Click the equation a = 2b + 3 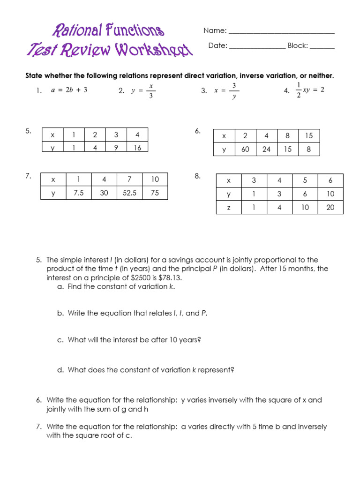click(x=68, y=90)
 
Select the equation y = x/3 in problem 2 click(x=143, y=91)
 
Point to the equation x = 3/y click(x=227, y=91)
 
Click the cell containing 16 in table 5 click(x=137, y=147)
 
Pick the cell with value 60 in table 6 click(x=245, y=150)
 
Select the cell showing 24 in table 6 click(x=266, y=150)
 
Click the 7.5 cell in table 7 click(x=79, y=193)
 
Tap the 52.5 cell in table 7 click(x=129, y=193)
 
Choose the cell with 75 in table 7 click(x=155, y=193)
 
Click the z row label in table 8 click(x=229, y=207)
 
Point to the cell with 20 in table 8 click(x=330, y=207)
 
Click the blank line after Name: click(x=281, y=33)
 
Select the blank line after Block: click(x=322, y=48)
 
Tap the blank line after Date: click(x=257, y=48)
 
